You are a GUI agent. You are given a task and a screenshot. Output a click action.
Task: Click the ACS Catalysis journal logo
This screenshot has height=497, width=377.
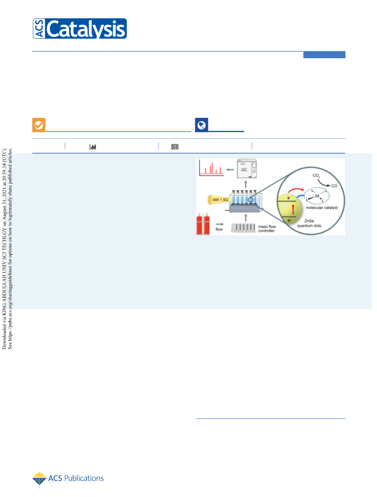(80, 28)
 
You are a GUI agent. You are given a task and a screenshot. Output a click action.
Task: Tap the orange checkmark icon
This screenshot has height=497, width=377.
(39, 125)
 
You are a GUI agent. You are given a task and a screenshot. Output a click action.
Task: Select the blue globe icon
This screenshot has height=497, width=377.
(201, 125)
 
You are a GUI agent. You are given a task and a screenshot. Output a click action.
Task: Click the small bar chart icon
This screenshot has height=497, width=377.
(93, 147)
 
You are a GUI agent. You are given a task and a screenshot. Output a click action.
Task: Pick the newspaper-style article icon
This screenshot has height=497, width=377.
(175, 147)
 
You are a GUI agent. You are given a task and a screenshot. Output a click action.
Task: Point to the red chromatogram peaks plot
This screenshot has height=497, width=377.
(212, 168)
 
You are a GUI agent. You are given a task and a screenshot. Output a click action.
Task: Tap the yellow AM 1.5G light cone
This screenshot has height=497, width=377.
(218, 200)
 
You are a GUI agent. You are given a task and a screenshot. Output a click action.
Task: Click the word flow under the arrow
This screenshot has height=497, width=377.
(219, 229)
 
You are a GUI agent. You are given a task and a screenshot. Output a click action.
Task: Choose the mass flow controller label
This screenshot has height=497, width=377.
(267, 229)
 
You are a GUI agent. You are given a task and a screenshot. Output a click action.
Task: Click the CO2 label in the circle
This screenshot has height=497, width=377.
(316, 176)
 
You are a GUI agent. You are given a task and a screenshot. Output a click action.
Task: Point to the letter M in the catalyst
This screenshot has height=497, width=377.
(317, 196)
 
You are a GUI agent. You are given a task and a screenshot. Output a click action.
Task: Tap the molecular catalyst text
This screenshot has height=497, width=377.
(322, 208)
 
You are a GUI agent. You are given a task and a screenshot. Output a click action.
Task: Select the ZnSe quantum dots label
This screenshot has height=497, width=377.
(309, 223)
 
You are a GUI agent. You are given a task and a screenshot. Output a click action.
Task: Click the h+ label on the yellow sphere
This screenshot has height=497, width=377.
(289, 220)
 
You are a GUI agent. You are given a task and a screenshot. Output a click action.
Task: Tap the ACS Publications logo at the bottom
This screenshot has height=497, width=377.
(68, 478)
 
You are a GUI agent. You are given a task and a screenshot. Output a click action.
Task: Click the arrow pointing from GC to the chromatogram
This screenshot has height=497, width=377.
(230, 170)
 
